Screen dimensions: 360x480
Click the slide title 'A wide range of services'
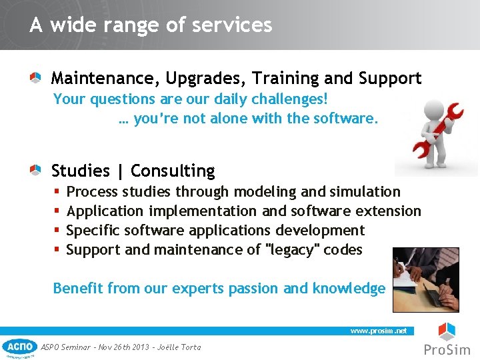click(x=151, y=25)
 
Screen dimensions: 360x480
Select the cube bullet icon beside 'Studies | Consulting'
click(x=35, y=171)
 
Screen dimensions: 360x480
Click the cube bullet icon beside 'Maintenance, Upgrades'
click(x=35, y=78)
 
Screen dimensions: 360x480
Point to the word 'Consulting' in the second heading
click(x=173, y=171)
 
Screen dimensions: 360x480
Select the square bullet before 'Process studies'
click(x=57, y=193)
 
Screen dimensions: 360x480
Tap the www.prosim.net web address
click(x=378, y=331)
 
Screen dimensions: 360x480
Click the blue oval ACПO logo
click(x=19, y=346)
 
